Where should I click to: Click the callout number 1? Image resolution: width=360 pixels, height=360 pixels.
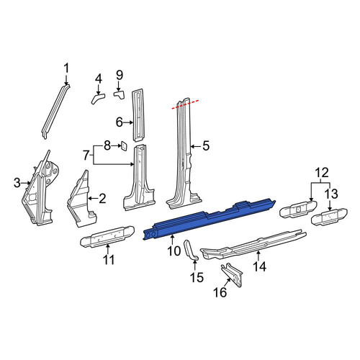(66, 68)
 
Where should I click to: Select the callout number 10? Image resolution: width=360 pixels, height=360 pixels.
(174, 251)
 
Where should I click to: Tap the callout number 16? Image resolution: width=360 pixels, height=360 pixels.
(220, 292)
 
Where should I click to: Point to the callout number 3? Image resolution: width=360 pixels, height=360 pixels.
(17, 183)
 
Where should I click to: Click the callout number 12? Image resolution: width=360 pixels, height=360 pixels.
(322, 173)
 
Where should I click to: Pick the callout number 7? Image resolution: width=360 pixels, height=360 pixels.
(86, 155)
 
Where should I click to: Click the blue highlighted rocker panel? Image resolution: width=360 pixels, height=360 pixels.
(209, 220)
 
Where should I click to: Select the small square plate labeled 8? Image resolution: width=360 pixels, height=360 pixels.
(124, 146)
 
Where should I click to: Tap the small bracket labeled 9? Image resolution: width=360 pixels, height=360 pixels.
(120, 94)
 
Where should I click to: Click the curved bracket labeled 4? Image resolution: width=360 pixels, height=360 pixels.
(97, 98)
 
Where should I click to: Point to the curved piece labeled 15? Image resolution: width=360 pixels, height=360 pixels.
(190, 250)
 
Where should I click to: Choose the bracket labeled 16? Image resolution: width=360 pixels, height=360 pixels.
(232, 275)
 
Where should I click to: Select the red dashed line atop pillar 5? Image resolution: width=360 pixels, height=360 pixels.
(185, 104)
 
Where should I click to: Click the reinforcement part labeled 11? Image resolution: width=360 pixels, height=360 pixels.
(107, 236)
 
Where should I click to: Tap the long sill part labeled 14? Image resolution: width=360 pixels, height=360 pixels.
(253, 244)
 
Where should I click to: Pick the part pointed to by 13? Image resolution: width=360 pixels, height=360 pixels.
(329, 216)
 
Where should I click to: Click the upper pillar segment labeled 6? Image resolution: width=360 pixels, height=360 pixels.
(138, 115)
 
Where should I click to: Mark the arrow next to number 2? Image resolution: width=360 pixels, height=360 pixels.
(93, 198)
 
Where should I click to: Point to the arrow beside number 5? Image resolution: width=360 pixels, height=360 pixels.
(196, 146)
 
